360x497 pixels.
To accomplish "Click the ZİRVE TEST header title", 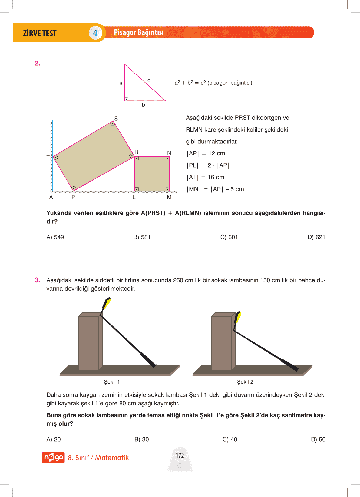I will coord(40,33).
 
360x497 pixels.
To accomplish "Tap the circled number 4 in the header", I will coord(95,33).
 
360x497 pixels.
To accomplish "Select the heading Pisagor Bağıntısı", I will coord(139,32).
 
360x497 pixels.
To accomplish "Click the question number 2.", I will coord(37,63).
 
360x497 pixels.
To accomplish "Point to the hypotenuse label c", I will coord(149,80).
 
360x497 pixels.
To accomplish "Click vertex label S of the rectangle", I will coord(116,119).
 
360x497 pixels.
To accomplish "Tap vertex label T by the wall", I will coord(48,157).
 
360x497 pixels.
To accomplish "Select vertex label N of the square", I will coord(169,153).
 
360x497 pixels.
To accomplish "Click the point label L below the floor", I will coord(134,197).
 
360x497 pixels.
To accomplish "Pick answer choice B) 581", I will coord(142,237).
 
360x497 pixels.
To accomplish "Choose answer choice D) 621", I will coord(316,237).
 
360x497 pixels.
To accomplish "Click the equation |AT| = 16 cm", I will coord(205,177).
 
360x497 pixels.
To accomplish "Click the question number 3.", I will coord(37,280).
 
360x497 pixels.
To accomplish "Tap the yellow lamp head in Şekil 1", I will coord(107,303).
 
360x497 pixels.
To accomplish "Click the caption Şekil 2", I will coord(245,382).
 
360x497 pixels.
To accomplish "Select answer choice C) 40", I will coord(230,439).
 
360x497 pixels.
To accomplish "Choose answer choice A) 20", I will coord(53,439).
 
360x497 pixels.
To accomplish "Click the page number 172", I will coord(180,456).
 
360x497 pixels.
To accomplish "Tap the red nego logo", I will coord(53,457).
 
